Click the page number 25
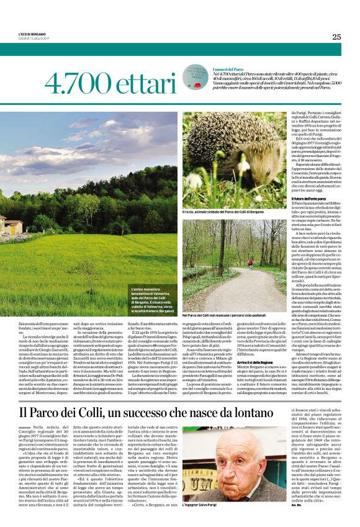point(336,37)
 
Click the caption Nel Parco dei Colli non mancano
point(235,315)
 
